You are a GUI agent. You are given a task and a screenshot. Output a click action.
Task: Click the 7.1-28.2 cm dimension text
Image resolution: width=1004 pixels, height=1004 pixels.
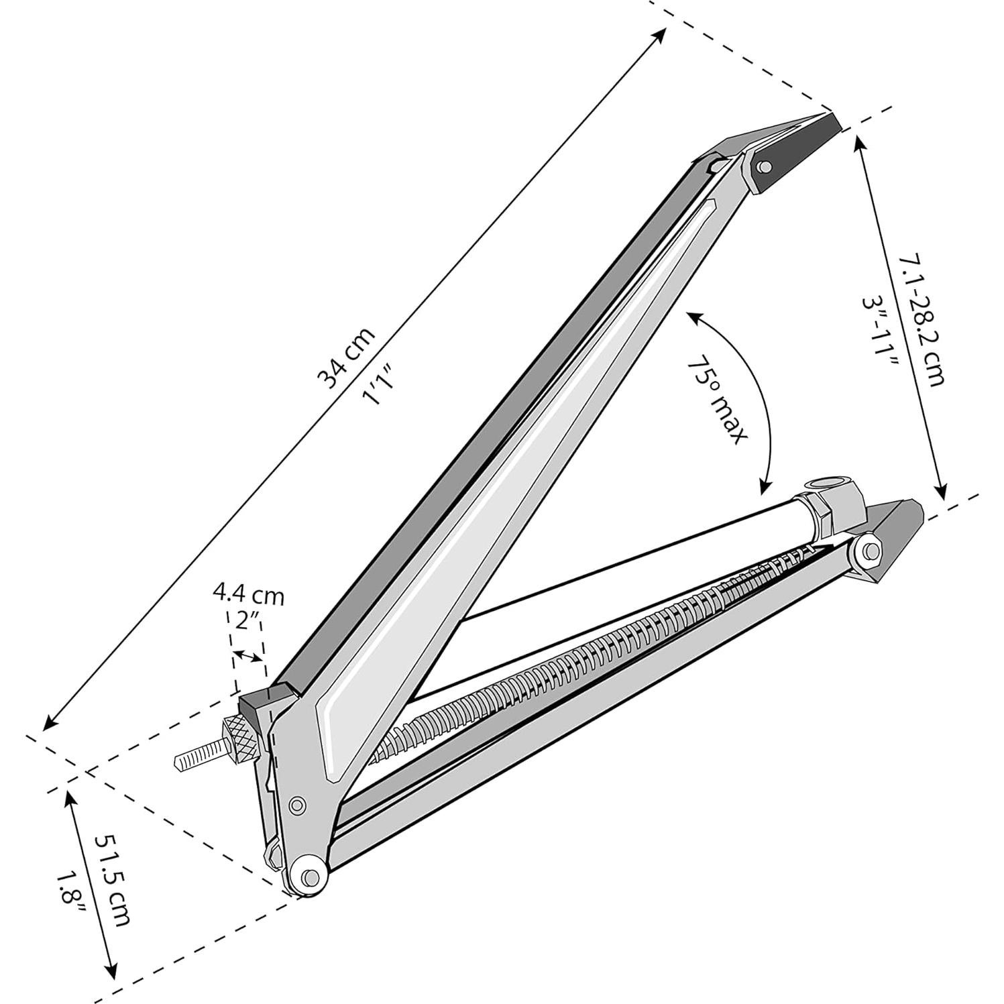(922, 319)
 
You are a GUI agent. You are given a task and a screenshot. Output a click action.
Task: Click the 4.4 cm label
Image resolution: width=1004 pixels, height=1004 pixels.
(248, 594)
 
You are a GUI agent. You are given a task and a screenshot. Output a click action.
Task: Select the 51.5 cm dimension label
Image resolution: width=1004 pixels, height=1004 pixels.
(112, 879)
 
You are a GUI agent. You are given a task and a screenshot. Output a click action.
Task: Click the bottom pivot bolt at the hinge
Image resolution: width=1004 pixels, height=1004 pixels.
(309, 876)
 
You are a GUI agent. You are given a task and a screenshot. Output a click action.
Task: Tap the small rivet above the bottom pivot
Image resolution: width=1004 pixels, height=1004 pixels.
(296, 805)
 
